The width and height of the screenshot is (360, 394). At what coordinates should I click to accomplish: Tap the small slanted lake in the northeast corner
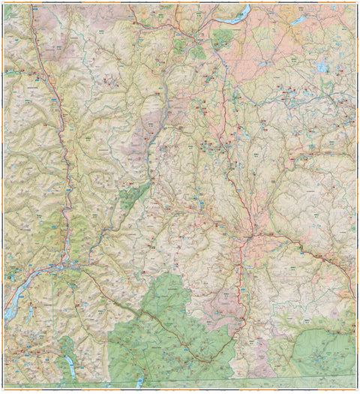pos(298,21)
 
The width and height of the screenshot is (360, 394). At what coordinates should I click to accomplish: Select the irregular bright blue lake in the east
pos(322,68)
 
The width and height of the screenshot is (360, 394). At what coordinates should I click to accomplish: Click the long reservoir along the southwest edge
pos(13,300)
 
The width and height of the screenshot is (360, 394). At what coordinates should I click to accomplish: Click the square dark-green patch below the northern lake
pos(222,39)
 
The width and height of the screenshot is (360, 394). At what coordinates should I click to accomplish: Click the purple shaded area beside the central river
pos(142,139)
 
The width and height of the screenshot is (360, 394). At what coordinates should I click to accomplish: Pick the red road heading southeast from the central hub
pos(300,248)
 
